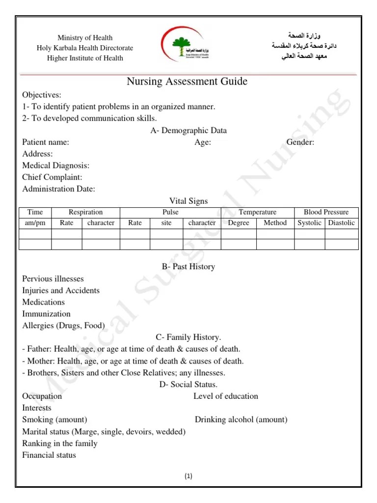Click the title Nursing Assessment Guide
click(x=187, y=82)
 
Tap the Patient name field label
click(x=46, y=142)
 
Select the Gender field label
click(x=300, y=142)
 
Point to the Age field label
click(x=203, y=142)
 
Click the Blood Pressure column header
click(x=326, y=212)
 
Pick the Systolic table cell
click(x=310, y=223)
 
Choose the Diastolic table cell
click(x=341, y=223)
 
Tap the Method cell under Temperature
click(x=275, y=223)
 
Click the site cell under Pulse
click(x=166, y=223)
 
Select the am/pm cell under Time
click(x=35, y=223)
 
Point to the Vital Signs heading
click(x=188, y=201)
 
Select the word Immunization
click(x=46, y=314)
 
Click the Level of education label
click(x=225, y=396)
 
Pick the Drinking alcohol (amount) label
click(x=241, y=420)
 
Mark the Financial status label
click(x=49, y=455)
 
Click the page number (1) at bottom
click(x=189, y=476)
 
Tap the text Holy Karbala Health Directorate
click(x=85, y=48)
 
